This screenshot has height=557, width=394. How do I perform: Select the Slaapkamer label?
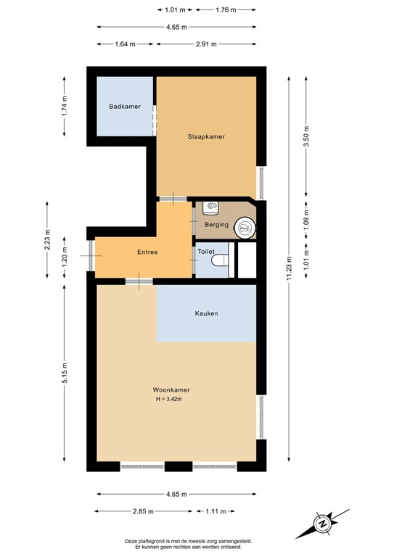pos(206,136)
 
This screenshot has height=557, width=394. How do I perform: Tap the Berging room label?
pos(216,225)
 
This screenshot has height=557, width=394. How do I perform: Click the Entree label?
pos(147,252)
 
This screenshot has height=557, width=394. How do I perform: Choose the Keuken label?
pos(206,313)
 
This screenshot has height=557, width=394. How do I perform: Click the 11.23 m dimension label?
pos(288,268)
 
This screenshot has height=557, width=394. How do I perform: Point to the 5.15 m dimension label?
pos(65,374)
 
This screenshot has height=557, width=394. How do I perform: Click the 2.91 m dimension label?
pos(205,44)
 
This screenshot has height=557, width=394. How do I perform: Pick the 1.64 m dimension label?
pos(126,44)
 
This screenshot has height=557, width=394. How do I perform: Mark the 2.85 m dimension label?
pos(143,511)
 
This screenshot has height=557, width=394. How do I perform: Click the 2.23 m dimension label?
pos(47,239)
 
